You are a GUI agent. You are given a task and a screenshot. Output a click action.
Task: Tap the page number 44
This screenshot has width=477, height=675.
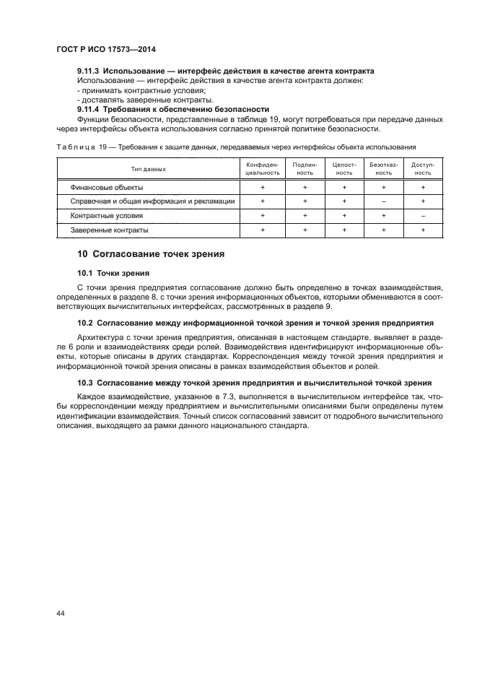click(x=61, y=613)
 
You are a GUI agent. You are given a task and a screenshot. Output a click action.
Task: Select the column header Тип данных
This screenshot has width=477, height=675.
click(x=148, y=169)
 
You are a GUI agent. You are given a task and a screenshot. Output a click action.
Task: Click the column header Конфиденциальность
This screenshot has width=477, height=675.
click(x=262, y=169)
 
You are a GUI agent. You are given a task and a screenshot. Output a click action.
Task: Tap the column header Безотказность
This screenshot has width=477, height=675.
click(x=383, y=169)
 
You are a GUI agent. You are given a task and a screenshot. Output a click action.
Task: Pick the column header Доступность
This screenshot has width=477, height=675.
click(x=423, y=169)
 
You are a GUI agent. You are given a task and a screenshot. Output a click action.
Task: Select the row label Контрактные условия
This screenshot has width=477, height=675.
click(x=106, y=216)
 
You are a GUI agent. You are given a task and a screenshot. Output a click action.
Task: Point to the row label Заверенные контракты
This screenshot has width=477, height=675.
click(x=109, y=230)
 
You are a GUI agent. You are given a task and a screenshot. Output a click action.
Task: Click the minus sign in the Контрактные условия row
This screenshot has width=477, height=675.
click(x=423, y=216)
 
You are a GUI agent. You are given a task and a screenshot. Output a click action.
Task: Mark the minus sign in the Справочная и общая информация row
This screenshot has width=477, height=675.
click(x=383, y=201)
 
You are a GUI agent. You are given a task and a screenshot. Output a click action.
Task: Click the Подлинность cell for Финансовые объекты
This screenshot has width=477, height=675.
click(x=305, y=187)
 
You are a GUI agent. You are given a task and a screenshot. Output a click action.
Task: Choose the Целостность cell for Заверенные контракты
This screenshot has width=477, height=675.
click(x=344, y=230)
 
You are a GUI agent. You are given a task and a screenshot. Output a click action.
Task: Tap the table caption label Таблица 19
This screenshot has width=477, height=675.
click(x=81, y=147)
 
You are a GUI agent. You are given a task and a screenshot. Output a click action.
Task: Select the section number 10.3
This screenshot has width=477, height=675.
click(x=86, y=383)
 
